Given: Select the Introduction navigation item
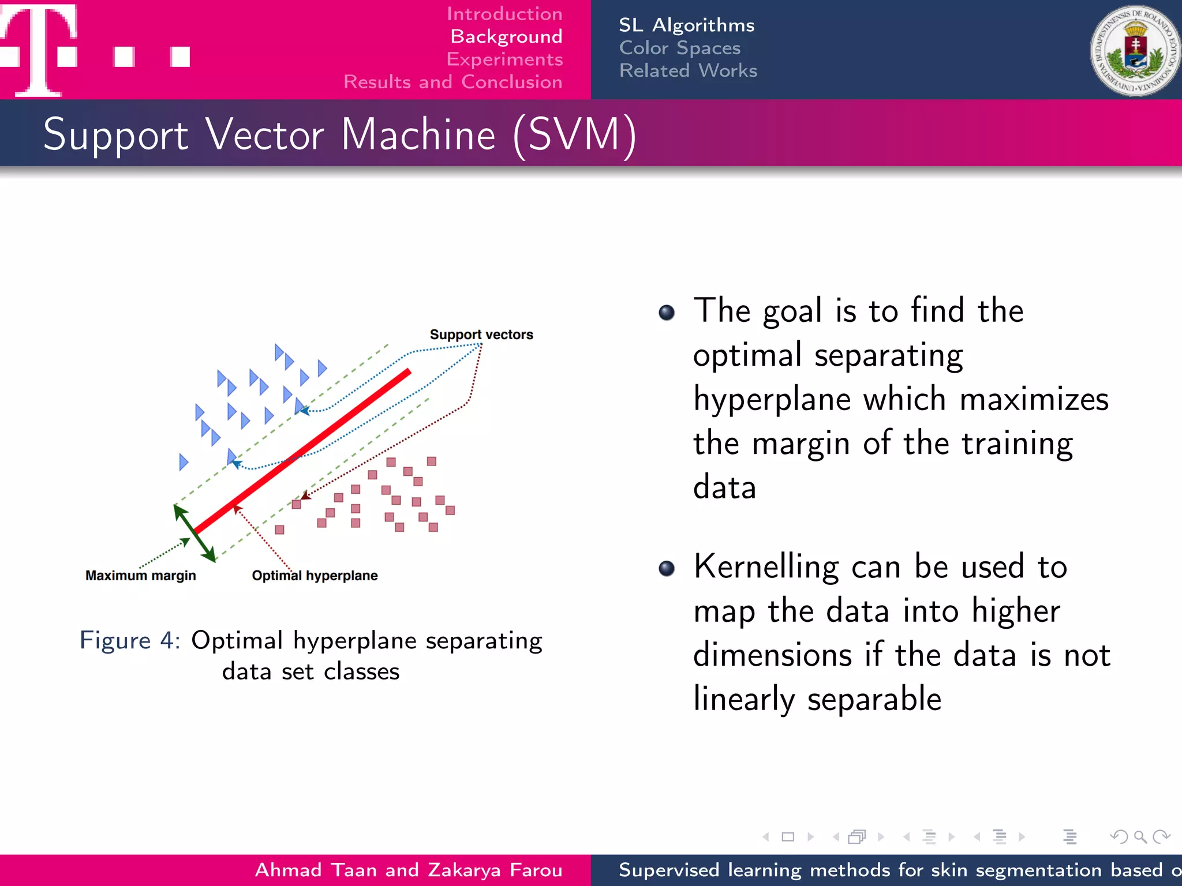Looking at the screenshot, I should click(504, 14).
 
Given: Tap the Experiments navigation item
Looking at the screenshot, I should click(504, 59).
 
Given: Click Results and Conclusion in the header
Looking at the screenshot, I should click(452, 82).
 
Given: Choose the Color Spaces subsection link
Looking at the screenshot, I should click(679, 48).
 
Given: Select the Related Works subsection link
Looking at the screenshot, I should click(687, 70).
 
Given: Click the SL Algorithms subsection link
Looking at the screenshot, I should click(686, 25).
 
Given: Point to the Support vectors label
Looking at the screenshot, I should click(481, 335).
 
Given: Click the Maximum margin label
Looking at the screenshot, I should click(140, 576).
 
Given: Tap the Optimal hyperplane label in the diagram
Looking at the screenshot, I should click(315, 576).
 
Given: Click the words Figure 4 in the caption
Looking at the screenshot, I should click(130, 640).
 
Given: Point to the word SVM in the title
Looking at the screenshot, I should click(574, 134).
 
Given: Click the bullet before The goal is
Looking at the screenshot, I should click(666, 313).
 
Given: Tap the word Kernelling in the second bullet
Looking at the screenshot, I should click(765, 566).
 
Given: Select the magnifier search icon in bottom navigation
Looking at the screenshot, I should click(1140, 836).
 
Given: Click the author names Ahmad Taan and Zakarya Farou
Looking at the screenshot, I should click(408, 870).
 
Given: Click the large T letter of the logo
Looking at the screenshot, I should click(39, 49).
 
